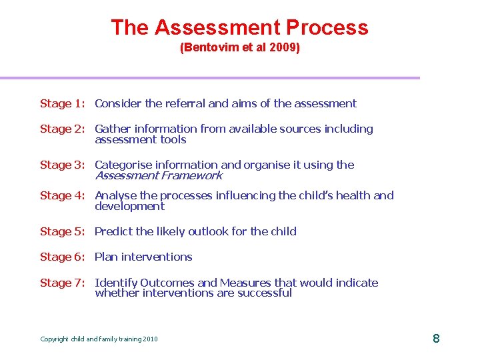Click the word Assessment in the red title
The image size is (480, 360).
218,27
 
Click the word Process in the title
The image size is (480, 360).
327,27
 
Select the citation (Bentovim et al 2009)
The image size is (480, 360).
240,49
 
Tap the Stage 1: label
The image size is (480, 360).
63,103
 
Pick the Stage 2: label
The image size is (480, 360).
63,129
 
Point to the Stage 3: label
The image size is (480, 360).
63,165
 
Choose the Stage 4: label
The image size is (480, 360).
63,195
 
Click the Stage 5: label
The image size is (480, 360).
63,231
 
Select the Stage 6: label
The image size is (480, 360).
63,257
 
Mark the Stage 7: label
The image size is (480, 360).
63,283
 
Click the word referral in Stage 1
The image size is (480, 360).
185,103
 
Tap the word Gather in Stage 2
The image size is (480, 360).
113,129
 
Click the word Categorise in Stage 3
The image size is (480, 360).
123,165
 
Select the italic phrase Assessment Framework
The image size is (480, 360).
158,175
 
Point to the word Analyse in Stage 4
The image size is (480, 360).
116,195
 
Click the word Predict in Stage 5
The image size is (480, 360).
113,231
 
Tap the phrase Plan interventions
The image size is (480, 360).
143,257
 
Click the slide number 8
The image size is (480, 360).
436,339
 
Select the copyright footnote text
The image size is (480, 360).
99,339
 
